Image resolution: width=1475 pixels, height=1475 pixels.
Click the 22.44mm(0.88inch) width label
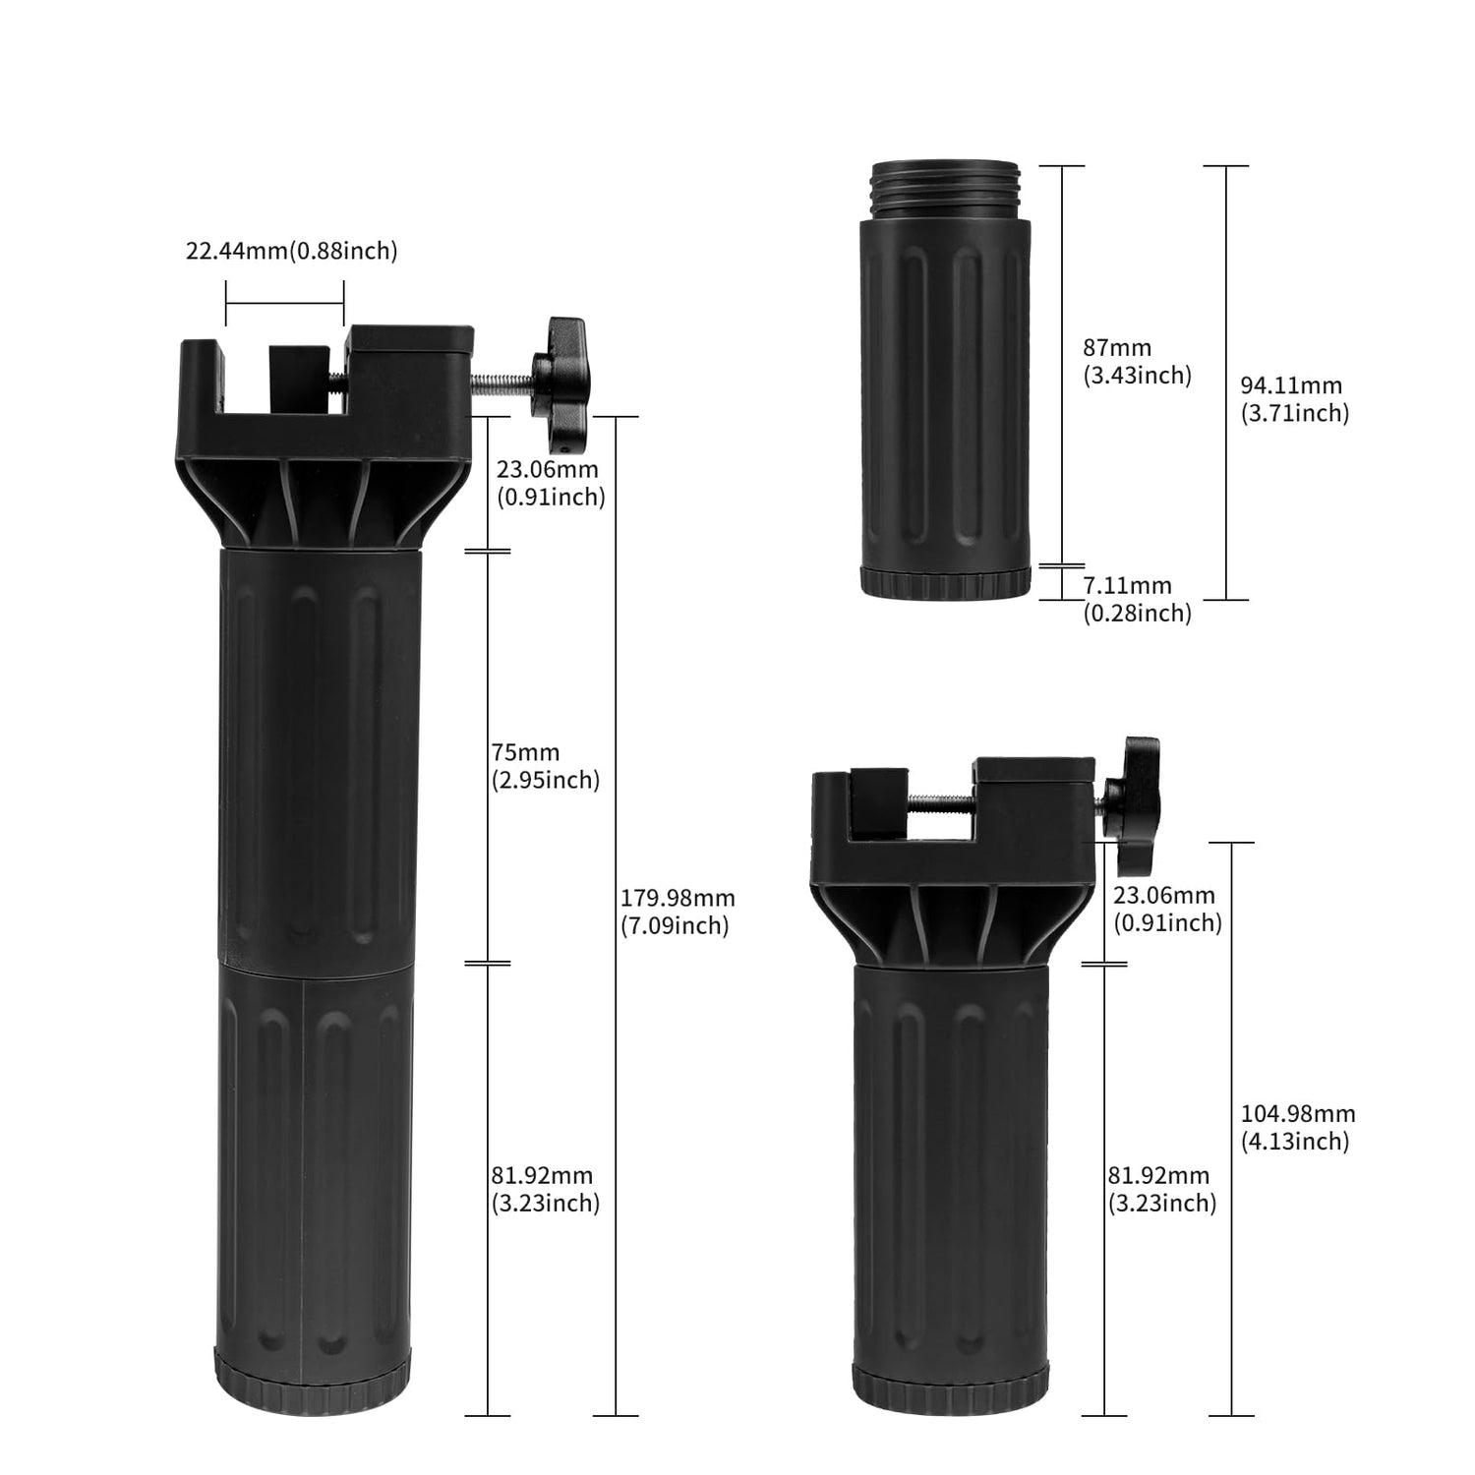[292, 251]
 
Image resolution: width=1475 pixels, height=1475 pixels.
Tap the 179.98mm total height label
[678, 912]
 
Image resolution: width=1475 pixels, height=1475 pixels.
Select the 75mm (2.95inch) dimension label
[546, 766]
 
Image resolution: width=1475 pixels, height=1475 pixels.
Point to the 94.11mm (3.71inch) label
[1294, 399]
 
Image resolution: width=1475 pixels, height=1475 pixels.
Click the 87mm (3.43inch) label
[1137, 361]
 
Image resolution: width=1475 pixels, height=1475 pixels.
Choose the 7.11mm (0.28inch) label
[1137, 599]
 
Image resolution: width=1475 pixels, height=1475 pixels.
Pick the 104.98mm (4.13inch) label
[1298, 1127]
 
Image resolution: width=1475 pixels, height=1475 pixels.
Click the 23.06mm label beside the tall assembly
[550, 484]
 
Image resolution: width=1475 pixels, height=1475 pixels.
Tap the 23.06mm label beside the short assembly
[1167, 909]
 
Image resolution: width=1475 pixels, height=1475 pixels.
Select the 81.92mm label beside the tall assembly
[546, 1189]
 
